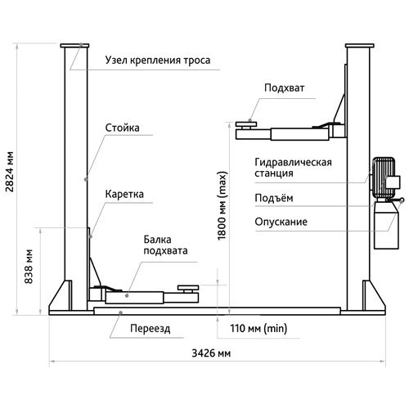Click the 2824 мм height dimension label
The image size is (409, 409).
10,172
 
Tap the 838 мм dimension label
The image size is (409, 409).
29,267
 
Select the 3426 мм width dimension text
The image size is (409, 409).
211,353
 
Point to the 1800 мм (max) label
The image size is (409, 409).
222,206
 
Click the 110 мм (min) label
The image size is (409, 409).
258,328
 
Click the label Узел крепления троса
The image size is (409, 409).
158,61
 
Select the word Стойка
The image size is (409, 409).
122,128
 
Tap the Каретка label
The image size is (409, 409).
124,194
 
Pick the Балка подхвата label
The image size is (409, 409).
165,245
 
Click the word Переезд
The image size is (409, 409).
151,329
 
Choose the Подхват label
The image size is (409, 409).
285,88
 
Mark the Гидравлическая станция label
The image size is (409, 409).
293,168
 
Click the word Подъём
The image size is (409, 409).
274,198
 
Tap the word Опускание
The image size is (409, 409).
281,222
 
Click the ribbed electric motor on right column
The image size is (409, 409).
384,178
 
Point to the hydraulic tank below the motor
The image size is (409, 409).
386,225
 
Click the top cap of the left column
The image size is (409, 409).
74,46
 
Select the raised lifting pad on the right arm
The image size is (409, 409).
246,124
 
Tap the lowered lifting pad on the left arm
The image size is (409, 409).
188,288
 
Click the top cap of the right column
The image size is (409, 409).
359,46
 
